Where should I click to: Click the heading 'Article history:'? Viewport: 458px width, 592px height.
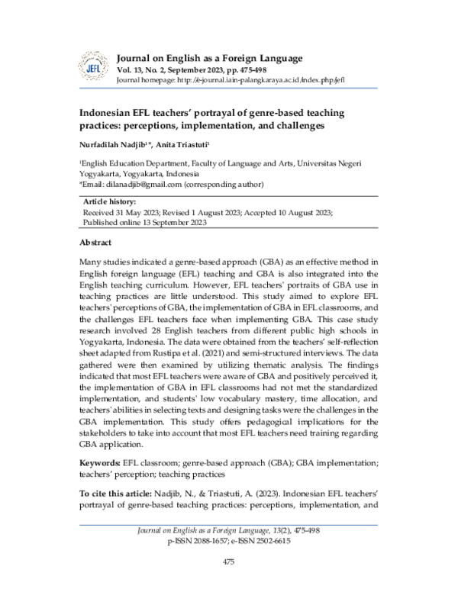click(x=108, y=201)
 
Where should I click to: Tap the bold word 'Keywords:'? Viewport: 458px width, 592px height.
click(x=100, y=462)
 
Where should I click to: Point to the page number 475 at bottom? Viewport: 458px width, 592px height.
click(x=228, y=562)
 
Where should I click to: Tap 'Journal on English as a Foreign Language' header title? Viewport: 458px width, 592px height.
click(x=209, y=58)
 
